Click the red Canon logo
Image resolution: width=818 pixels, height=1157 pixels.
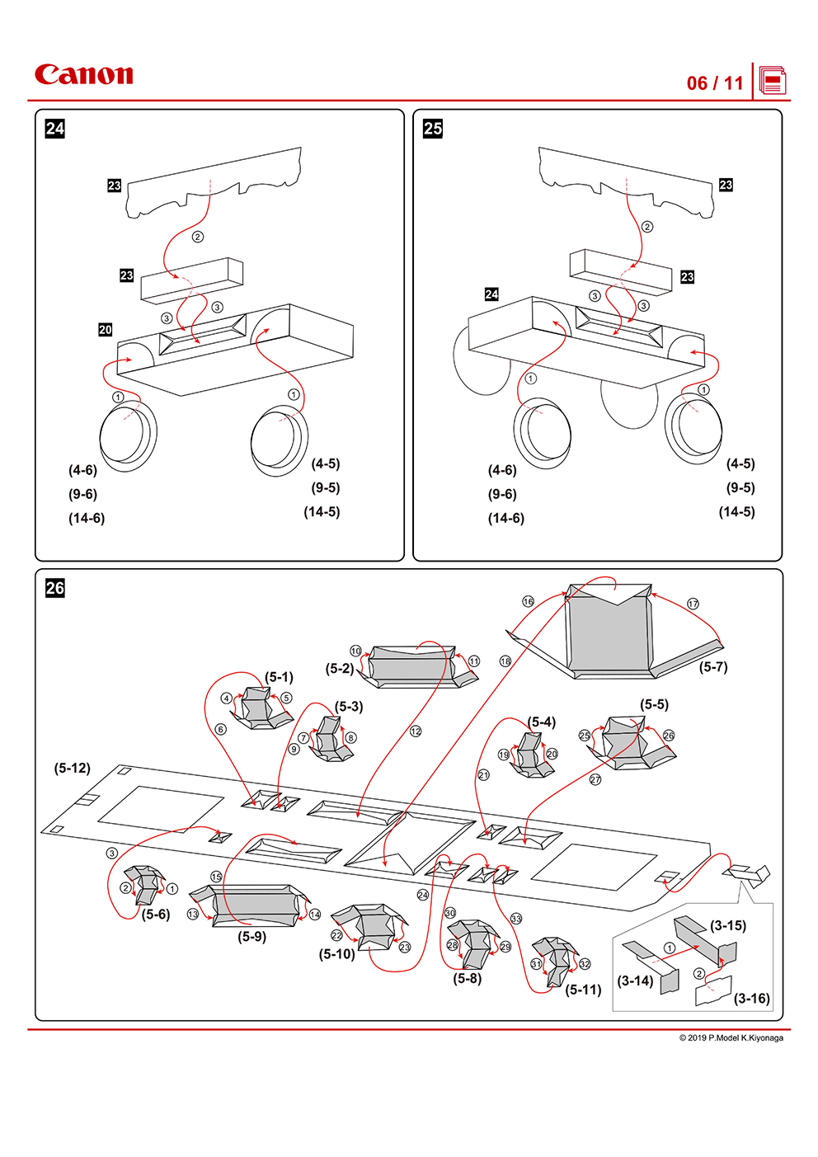(x=83, y=75)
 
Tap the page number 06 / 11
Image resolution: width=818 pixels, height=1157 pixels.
(x=715, y=83)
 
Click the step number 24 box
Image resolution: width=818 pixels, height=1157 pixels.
(x=54, y=129)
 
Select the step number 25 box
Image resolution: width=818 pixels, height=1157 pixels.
(x=432, y=129)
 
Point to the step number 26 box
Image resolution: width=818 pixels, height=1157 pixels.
(x=54, y=588)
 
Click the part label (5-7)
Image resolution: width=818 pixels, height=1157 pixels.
(x=713, y=667)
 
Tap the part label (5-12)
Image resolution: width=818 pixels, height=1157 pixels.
(x=73, y=768)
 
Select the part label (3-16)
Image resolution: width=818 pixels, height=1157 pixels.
(x=751, y=998)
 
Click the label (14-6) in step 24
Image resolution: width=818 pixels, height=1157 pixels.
(x=87, y=518)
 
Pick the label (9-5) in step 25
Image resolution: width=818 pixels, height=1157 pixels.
(x=740, y=487)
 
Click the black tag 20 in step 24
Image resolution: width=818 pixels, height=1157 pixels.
(x=106, y=330)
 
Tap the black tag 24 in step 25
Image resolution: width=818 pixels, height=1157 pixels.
(x=491, y=294)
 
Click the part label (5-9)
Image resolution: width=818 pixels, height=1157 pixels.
(x=252, y=937)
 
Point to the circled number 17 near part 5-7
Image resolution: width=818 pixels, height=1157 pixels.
(x=693, y=604)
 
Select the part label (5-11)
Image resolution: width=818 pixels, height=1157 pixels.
(x=583, y=990)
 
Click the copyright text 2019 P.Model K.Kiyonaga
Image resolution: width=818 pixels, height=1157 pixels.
(x=731, y=1037)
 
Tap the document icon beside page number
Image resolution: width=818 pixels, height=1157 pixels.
(x=773, y=82)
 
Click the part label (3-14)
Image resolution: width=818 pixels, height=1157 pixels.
(x=635, y=981)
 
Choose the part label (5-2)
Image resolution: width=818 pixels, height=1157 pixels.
(x=340, y=669)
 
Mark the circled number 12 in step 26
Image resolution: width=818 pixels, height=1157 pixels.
(x=416, y=731)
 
